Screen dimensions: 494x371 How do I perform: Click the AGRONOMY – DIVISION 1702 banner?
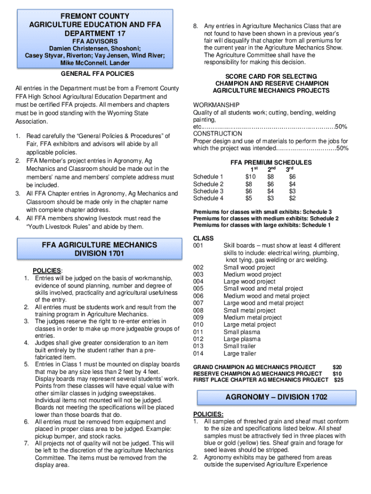(x=276, y=397)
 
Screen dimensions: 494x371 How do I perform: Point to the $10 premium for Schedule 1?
(x=251, y=177)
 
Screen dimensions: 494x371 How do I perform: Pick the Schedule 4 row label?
(x=208, y=198)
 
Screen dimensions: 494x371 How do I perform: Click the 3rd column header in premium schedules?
(x=290, y=170)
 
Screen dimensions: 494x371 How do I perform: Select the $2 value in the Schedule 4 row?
(x=292, y=198)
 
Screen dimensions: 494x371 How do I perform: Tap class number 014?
(x=199, y=354)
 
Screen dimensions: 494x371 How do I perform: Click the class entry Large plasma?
(x=242, y=339)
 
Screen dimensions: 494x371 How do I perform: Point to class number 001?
(x=199, y=246)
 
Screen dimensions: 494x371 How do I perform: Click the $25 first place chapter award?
(x=339, y=380)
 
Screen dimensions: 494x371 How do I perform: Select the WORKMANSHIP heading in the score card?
(x=216, y=105)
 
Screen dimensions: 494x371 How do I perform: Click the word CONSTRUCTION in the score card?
(x=218, y=134)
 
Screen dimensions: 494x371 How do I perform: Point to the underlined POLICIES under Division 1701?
(x=47, y=271)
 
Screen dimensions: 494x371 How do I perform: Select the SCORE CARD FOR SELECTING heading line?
(x=271, y=77)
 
